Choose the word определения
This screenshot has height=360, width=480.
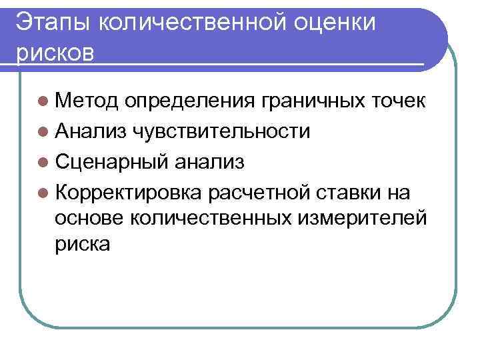189,102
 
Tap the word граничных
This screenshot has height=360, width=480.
311,102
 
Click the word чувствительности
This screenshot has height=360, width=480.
221,131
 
